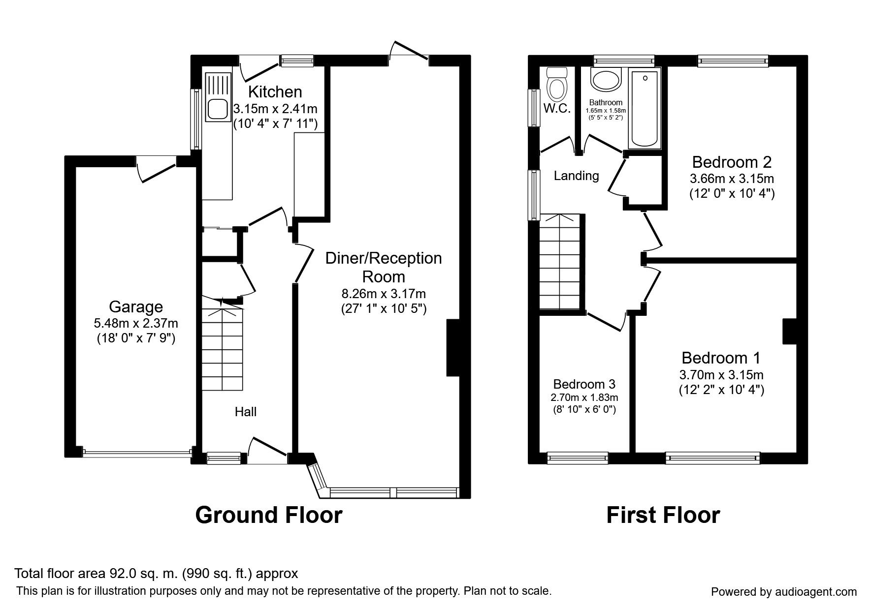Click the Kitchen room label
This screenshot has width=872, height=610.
[275, 91]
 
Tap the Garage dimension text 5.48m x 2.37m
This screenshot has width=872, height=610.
[136, 323]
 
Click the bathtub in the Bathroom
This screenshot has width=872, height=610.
[645, 108]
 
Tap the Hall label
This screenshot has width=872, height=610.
[245, 412]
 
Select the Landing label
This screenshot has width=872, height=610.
[576, 176]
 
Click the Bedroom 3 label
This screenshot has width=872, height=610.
[584, 384]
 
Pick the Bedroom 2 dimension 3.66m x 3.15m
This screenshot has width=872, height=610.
[732, 178]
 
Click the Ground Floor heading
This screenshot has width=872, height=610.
[268, 515]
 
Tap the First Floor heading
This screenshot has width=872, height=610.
[663, 515]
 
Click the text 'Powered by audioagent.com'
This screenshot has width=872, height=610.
[784, 592]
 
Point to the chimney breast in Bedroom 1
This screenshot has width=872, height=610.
[790, 331]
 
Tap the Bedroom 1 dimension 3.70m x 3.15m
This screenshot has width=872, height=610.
[721, 375]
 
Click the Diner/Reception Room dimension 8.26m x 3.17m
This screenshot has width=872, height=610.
[384, 294]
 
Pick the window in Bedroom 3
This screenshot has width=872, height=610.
[578, 457]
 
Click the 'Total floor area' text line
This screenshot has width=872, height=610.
[157, 574]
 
